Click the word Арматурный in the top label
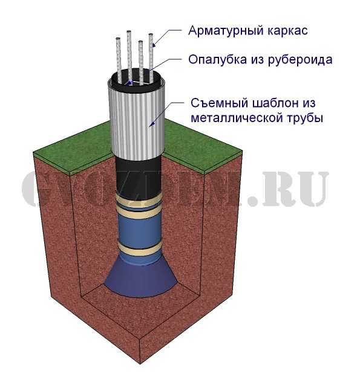226,31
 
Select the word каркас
287,31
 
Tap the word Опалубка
217,59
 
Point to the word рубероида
300,60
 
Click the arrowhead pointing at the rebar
154,45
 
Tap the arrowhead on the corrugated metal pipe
152,123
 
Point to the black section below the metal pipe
139,175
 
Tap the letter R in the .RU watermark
278,189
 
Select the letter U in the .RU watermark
312,189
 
